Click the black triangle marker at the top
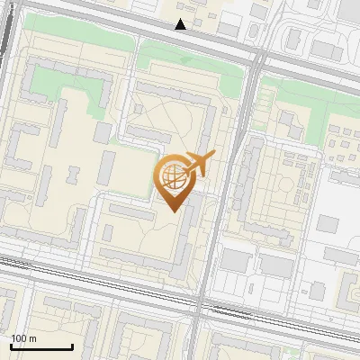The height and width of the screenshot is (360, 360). tap(181, 24)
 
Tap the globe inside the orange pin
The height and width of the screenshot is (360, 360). tap(175, 176)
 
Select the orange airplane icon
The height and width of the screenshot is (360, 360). tap(200, 163)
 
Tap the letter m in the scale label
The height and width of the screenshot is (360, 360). tap(33, 338)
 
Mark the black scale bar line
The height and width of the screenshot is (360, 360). tap(41, 346)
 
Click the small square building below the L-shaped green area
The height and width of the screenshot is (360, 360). tap(102, 132)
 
